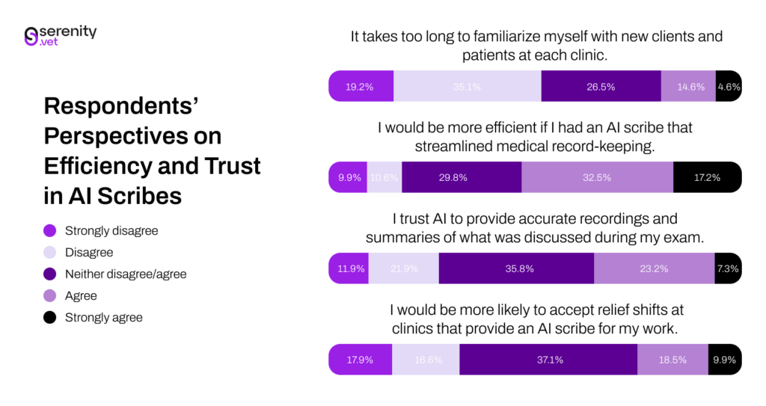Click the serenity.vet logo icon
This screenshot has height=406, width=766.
(x=31, y=37)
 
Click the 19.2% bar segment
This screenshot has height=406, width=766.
(x=361, y=87)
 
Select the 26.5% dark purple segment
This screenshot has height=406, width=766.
(x=601, y=87)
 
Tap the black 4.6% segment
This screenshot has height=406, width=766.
(x=729, y=87)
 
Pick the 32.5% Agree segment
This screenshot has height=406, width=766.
(x=597, y=177)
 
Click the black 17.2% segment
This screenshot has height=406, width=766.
(x=707, y=177)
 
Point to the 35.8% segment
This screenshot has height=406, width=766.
(x=516, y=268)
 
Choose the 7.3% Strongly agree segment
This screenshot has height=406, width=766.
(x=728, y=268)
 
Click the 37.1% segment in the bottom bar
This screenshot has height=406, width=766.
(x=548, y=360)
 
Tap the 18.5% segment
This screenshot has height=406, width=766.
(x=672, y=360)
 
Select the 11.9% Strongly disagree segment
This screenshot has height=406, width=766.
(x=349, y=268)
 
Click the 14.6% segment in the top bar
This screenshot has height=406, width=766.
(x=688, y=87)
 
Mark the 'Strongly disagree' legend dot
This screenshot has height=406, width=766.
(x=50, y=231)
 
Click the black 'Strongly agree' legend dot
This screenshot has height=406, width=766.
(x=50, y=318)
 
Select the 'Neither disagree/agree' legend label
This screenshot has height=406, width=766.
(x=126, y=274)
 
